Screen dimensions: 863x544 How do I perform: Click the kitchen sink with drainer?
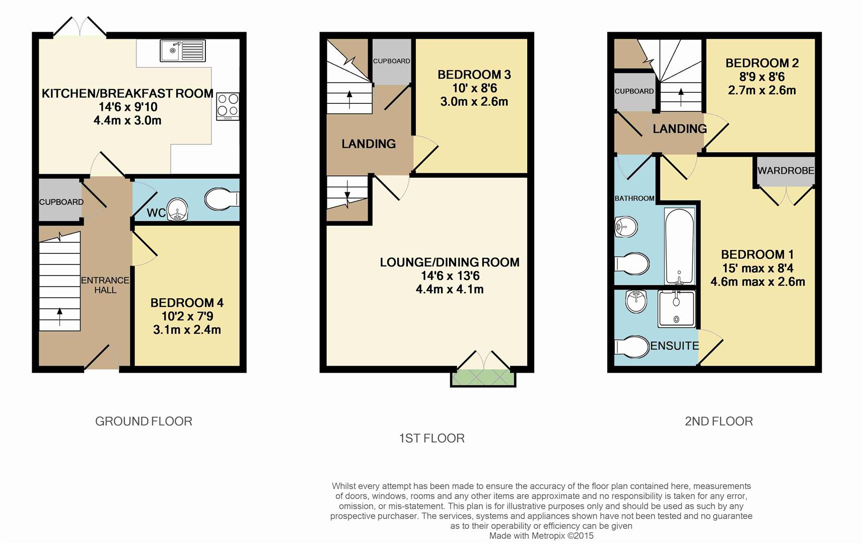pos(183,51)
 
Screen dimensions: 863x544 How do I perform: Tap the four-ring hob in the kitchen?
pos(228,106)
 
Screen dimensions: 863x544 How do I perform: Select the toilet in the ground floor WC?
pos(222,199)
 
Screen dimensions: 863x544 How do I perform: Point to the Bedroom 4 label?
pos(187,303)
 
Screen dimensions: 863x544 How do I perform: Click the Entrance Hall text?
pos(105,285)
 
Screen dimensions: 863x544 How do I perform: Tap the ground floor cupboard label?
pos(61,202)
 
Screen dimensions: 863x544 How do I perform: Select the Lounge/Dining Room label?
pos(450,262)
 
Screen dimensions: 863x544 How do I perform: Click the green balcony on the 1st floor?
pos(483,378)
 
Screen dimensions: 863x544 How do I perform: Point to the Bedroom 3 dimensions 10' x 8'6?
pos(474,88)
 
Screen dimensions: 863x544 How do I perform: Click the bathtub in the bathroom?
pos(680,246)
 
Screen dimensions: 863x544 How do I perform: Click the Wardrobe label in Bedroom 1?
pos(786,170)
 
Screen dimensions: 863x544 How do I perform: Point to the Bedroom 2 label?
pos(762,63)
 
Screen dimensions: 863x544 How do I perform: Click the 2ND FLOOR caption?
pos(719,421)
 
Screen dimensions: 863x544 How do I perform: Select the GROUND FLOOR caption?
pos(143,421)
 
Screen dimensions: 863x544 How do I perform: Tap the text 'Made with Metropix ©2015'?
pos(541,535)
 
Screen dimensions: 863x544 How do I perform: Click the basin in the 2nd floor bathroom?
pos(626,227)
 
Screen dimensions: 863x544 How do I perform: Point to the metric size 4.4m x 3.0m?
pos(127,120)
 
